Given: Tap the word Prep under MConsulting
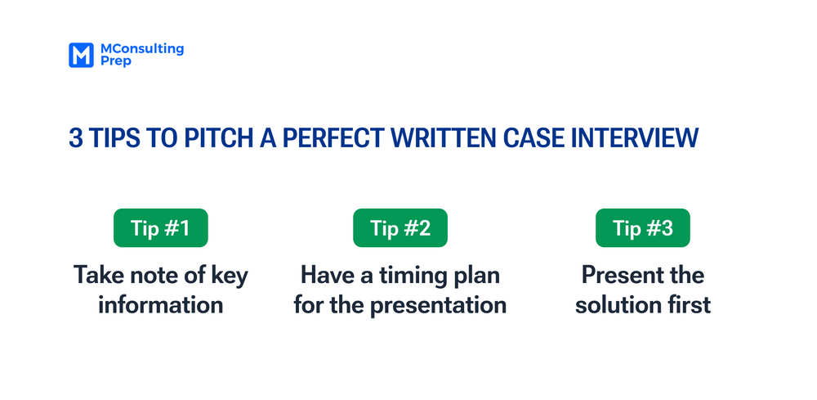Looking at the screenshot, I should click(114, 62).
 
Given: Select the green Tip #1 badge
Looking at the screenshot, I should click(160, 228).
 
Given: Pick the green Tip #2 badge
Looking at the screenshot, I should click(400, 228).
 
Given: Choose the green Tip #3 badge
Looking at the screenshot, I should click(642, 228).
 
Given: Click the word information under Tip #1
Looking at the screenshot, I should click(160, 305).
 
